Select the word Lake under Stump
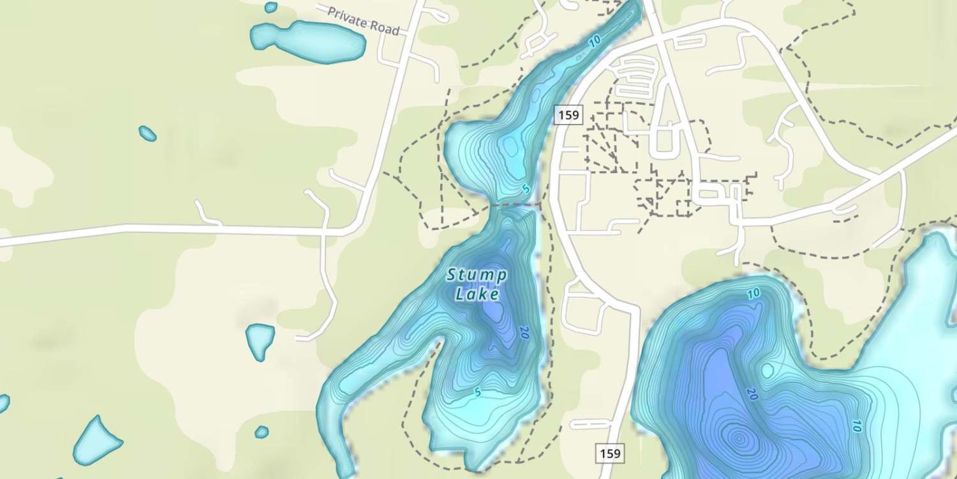point(477,294)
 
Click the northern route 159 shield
point(568,115)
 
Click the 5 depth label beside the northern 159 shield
point(526,189)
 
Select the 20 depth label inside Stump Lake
point(524,332)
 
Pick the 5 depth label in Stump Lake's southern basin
point(477,392)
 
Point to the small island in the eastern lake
point(768,370)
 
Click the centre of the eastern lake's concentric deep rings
point(739,439)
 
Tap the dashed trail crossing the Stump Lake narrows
point(510,205)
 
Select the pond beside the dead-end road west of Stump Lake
point(260,341)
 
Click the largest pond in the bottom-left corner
point(97,441)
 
